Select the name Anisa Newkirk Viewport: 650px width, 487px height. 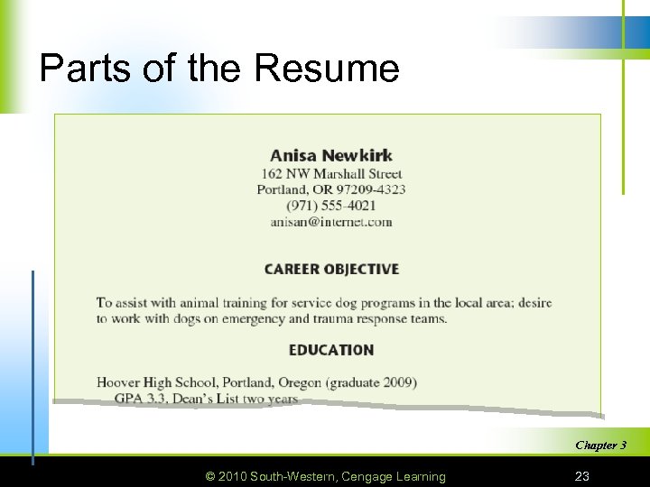point(331,155)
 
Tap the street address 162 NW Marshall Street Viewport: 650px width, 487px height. point(331,174)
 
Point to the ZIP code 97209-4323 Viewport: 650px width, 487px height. point(371,189)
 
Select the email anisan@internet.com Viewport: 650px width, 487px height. point(331,221)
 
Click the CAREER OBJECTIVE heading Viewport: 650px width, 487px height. point(331,269)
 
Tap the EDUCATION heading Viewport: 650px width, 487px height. point(331,350)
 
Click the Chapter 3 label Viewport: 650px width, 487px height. point(600,445)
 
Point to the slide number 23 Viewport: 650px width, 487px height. point(583,476)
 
